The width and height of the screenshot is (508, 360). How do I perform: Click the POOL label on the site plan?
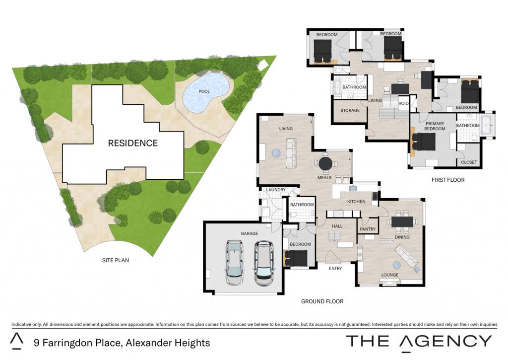click(204, 91)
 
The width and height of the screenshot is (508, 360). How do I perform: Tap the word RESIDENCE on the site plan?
click(133, 143)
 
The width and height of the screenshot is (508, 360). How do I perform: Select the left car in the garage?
click(235, 262)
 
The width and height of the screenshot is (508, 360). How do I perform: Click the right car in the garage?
click(264, 263)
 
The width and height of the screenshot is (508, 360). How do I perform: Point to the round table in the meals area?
click(325, 163)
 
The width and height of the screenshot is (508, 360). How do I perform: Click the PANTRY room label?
click(368, 229)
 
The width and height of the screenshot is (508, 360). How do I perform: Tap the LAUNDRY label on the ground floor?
click(276, 190)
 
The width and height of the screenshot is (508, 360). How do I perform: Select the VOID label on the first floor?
click(403, 103)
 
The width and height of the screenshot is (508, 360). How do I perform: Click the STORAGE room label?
click(350, 110)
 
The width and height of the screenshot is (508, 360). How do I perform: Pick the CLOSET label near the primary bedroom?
click(469, 162)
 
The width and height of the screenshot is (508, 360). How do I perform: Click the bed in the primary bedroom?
click(424, 142)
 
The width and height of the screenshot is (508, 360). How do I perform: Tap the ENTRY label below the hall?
click(335, 268)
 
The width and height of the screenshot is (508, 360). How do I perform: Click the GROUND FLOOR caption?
click(322, 301)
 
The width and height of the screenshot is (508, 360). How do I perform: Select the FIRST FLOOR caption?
click(448, 180)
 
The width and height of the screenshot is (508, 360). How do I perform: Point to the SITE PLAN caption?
click(115, 260)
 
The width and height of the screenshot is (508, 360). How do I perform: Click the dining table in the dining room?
click(402, 222)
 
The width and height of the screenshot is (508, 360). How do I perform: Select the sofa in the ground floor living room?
click(291, 153)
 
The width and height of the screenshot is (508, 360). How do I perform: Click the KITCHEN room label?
click(356, 202)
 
